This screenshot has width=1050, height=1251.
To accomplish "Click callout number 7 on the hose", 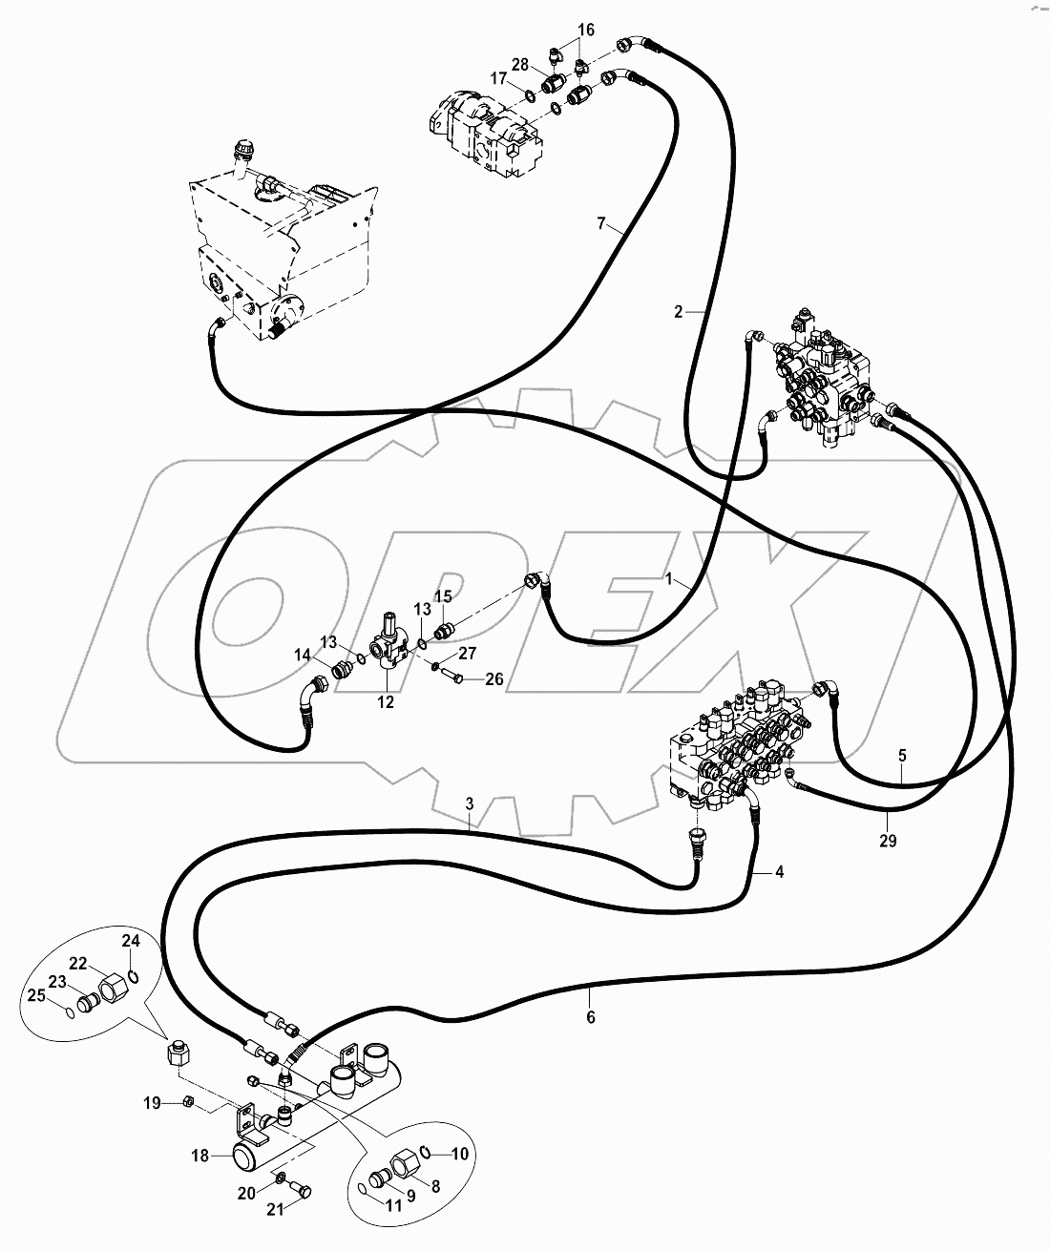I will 600,223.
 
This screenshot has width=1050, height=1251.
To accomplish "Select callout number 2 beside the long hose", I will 679,311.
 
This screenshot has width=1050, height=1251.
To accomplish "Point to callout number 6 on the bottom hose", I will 591,1017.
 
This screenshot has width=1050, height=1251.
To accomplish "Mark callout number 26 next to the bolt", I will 493,680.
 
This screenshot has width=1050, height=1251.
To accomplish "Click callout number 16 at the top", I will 585,31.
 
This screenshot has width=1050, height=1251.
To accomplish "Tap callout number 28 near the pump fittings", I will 519,64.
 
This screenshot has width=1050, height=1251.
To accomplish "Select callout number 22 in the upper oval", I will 105,963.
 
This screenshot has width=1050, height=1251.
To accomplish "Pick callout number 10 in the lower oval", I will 460,1154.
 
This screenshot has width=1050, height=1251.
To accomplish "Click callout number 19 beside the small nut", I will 151,1104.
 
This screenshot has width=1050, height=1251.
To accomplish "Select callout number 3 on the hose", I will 471,804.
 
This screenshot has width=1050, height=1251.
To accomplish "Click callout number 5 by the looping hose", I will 902,755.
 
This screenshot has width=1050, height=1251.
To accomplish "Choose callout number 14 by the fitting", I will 302,655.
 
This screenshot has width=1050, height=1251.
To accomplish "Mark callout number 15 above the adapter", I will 444,596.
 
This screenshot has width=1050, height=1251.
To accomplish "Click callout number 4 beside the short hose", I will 779,871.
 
